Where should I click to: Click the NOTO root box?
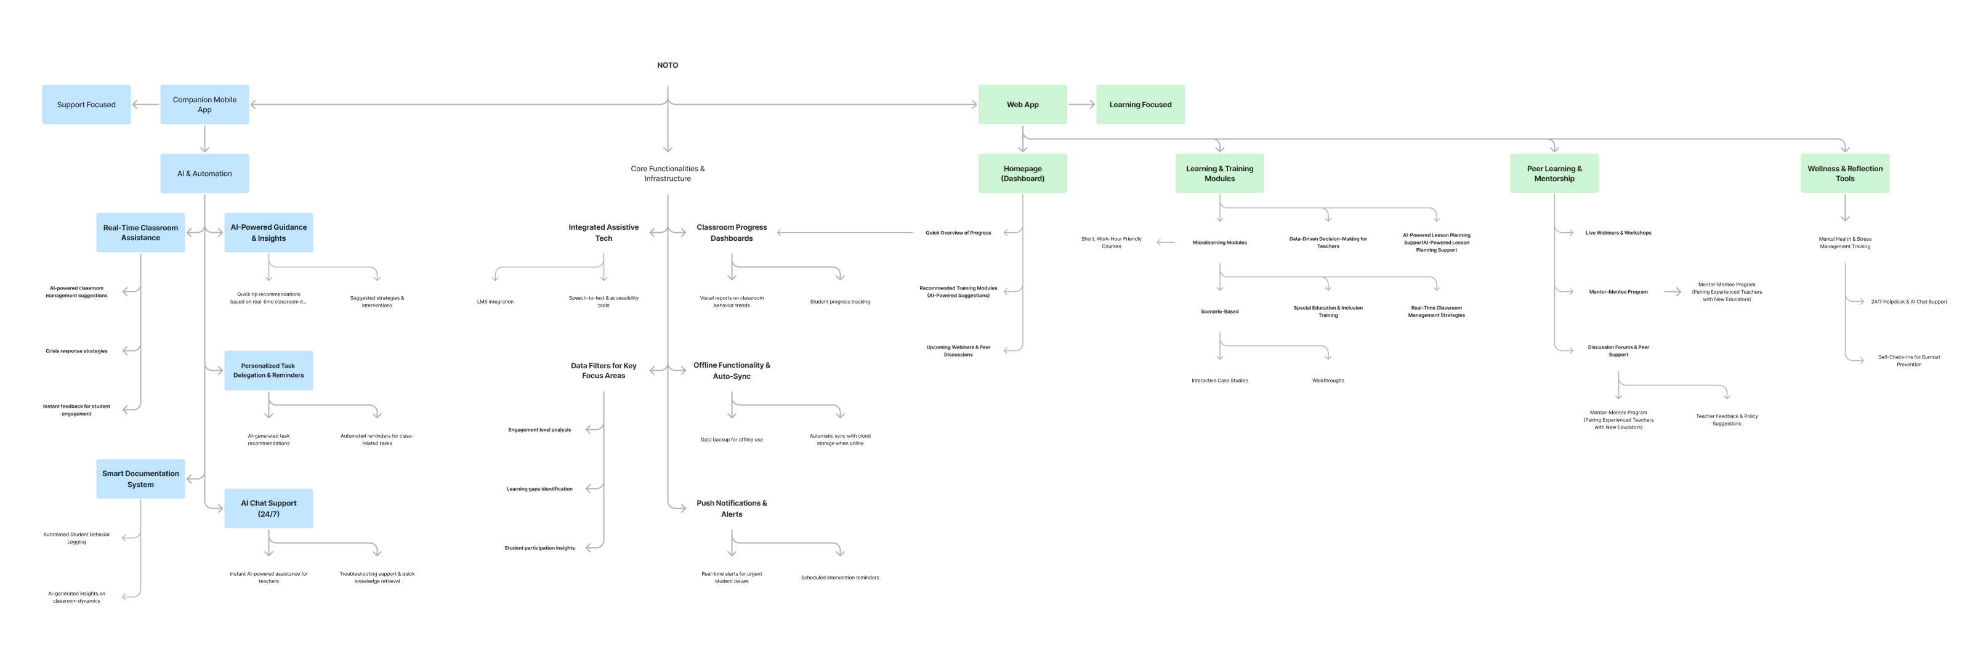pos(667,65)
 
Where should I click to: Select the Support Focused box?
pos(86,105)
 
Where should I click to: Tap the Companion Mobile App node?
pos(204,105)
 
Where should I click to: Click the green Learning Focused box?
pos(1140,105)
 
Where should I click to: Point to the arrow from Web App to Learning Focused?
pos(1081,105)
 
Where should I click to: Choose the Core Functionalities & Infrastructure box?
pos(667,174)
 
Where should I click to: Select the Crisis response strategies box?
pos(76,350)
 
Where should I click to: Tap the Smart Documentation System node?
pos(140,478)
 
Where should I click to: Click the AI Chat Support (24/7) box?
pos(268,509)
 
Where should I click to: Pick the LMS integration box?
pos(495,301)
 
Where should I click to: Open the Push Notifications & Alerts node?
pos(732,509)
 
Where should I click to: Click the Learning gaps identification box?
pos(539,488)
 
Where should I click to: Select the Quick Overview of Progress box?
pos(958,233)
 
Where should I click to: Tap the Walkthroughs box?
pos(1328,380)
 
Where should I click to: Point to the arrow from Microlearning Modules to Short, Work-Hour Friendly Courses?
pos(1165,243)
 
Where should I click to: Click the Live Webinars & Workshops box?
pos(1618,233)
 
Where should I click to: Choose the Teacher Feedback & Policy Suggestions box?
pos(1726,420)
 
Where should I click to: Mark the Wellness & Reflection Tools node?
pos(1845,174)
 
